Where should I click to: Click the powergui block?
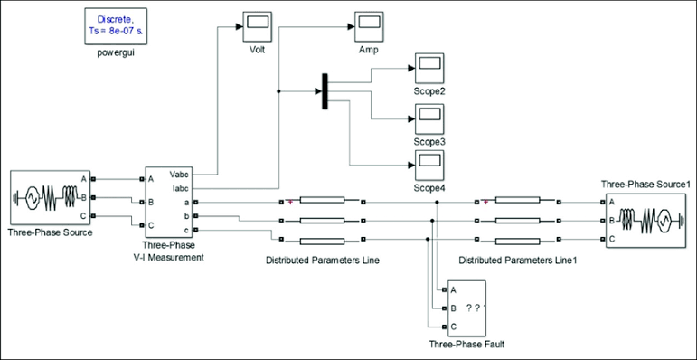tap(115, 26)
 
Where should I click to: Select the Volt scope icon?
tap(258, 27)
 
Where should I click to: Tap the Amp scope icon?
tap(369, 27)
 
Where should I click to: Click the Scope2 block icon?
tap(429, 68)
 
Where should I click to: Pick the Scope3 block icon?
tap(429, 119)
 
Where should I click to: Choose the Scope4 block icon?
tap(429, 166)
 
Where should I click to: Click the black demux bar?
tap(325, 91)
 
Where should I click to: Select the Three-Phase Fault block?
tap(466, 308)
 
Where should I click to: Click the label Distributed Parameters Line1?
tap(517, 261)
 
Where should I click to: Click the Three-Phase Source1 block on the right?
tap(647, 220)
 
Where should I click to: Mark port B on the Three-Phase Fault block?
tap(445, 308)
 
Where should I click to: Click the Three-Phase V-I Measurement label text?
tap(172, 251)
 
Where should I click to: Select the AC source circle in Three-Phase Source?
tap(32, 196)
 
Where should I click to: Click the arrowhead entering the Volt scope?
tap(240, 27)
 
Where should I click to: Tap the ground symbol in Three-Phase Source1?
tap(679, 220)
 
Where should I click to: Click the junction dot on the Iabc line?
tap(278, 91)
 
